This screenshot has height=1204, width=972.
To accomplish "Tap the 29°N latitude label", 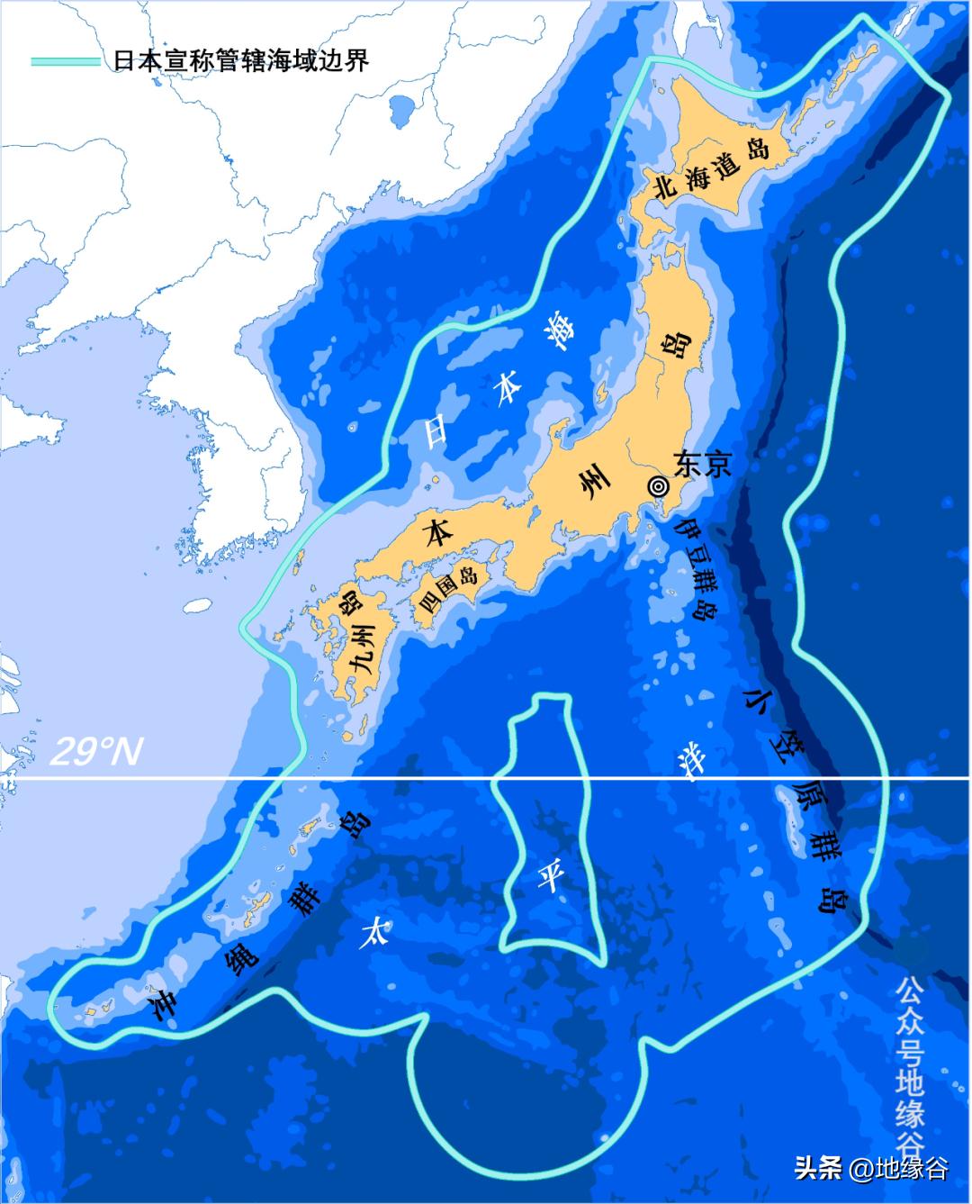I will (94, 751).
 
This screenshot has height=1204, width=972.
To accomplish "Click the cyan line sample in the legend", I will (65, 61).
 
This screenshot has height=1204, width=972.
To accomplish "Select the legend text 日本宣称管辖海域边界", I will (241, 61).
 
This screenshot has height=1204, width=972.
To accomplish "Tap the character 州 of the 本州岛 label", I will (594, 491).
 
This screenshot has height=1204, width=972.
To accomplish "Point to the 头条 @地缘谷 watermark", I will (870, 1168).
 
